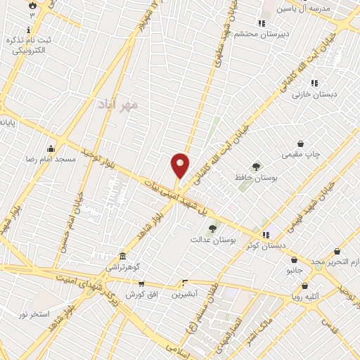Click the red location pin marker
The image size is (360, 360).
(180, 165)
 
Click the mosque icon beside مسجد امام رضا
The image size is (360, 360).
(51, 149)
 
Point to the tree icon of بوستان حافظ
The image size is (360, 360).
(256, 167)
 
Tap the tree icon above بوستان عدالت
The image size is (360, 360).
(212, 228)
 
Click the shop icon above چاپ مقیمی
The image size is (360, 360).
(300, 143)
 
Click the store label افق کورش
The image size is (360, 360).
(141, 295)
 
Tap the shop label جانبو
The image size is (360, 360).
(293, 269)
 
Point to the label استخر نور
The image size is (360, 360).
(34, 314)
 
